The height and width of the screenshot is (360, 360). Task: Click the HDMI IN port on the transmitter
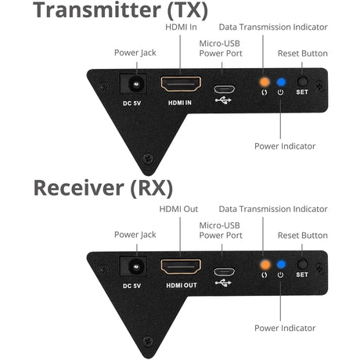pos(181,84)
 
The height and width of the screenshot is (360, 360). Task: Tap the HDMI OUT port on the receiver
pos(181,266)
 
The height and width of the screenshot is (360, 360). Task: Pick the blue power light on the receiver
pos(280,265)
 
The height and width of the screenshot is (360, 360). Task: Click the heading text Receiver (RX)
pos(103,189)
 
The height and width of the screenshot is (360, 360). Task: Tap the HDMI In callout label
pos(182,27)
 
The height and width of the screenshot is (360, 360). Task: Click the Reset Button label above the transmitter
pos(303,53)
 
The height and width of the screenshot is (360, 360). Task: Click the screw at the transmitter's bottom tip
pos(147,160)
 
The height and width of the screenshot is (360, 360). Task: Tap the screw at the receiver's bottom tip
pos(147,341)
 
